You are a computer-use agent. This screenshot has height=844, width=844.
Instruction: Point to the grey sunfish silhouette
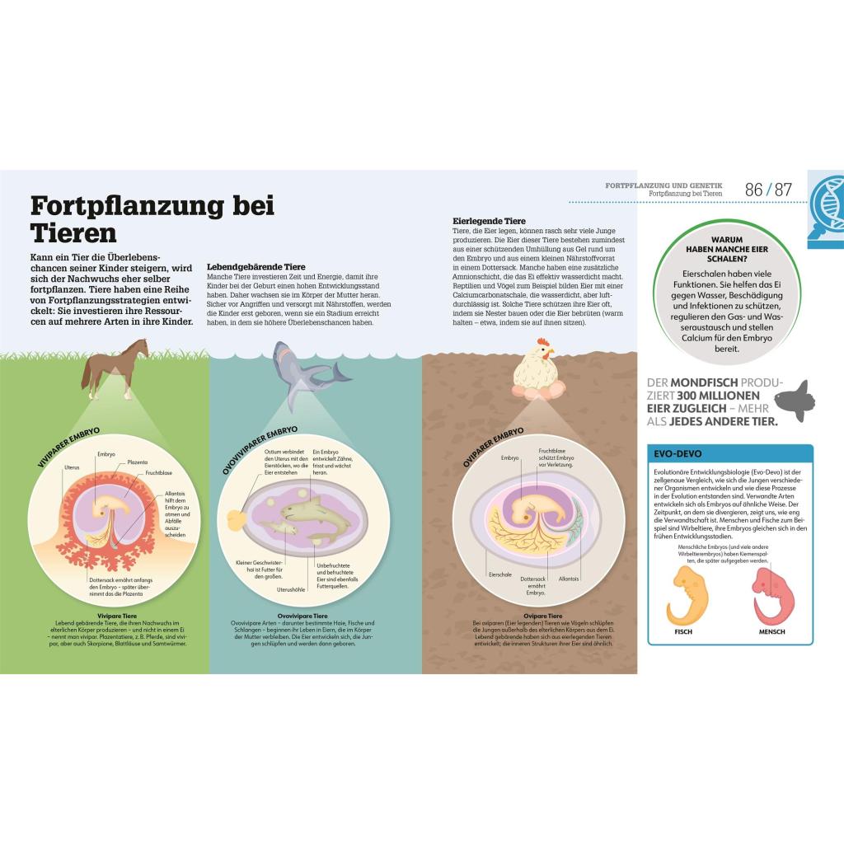pos(798,401)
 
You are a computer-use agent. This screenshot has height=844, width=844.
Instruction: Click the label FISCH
pos(683,632)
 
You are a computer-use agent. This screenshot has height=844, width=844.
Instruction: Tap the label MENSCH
pos(771,632)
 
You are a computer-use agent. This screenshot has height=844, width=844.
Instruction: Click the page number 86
pos(753,190)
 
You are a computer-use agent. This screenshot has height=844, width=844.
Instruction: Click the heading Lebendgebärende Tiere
pos(256,267)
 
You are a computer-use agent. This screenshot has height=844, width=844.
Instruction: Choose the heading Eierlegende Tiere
pos(489,221)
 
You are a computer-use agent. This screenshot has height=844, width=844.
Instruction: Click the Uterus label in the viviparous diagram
pos(72,467)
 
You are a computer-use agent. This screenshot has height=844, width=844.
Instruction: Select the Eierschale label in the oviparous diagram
pos(501,574)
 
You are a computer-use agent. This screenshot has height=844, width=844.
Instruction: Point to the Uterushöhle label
pos(291,589)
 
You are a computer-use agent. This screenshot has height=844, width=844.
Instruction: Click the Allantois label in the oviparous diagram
pos(569,579)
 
